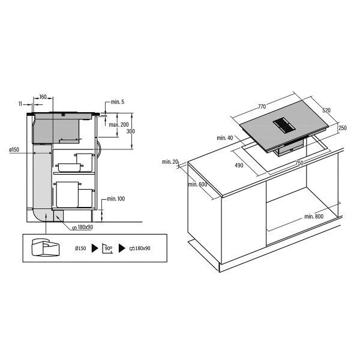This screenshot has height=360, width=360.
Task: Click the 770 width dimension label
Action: [262, 107]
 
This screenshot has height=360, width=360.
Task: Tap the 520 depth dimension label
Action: [326, 110]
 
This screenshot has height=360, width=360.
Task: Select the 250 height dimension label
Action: [343, 128]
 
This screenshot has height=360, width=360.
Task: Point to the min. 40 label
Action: [225, 138]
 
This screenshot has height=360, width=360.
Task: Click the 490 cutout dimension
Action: [239, 165]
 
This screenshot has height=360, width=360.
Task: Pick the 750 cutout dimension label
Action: [299, 163]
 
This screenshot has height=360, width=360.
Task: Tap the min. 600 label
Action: [197, 184]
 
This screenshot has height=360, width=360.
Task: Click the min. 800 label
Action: [314, 216]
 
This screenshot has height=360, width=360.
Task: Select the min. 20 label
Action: [170, 161]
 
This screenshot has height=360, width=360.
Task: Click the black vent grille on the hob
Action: [284, 126]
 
